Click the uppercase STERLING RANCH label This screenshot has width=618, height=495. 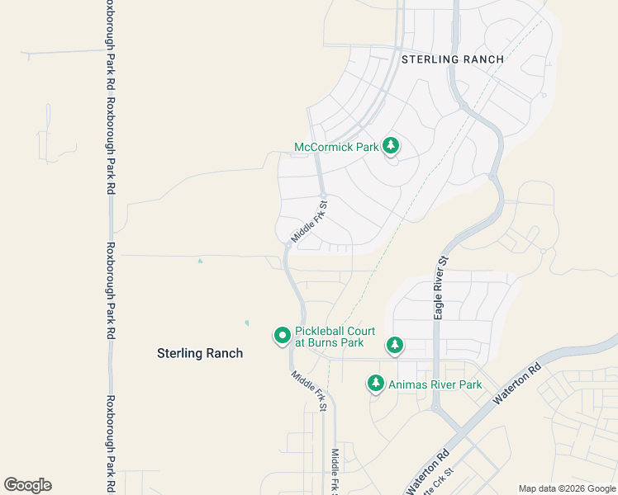452,59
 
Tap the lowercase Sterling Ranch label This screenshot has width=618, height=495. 200,353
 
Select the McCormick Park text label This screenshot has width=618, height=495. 336,148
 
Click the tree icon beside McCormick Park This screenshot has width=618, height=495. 391,147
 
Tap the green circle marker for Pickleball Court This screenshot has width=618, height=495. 282,335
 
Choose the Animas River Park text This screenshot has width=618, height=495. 435,384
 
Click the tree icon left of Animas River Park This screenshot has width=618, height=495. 376,384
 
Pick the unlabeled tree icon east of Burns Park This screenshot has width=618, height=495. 395,345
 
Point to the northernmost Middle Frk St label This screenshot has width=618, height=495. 311,221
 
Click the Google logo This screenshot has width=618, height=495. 27,485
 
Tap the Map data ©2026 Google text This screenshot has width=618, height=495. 567,488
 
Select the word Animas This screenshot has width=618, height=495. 408,384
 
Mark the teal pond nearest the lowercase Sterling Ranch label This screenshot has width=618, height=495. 246,323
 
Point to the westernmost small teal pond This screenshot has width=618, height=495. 199,262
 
